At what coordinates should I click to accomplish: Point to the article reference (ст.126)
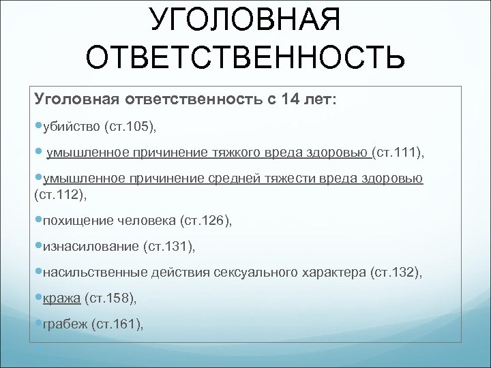pyautogui.click(x=205, y=220)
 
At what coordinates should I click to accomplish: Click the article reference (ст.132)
pyautogui.click(x=396, y=272)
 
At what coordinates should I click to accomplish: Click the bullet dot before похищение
pyautogui.click(x=38, y=219)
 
